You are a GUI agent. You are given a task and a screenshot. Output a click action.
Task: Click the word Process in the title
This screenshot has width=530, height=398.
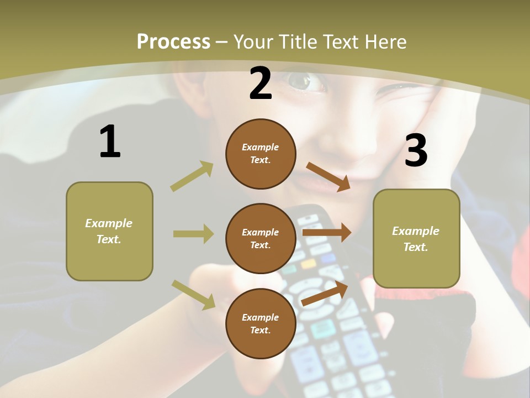pyautogui.click(x=173, y=41)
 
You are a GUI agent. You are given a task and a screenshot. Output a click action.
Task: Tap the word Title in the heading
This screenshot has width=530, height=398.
pyautogui.click(x=296, y=41)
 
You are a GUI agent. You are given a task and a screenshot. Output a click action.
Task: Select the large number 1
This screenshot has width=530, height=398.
pyautogui.click(x=110, y=142)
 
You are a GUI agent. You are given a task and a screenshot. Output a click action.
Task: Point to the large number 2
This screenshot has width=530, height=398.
pyautogui.click(x=261, y=83)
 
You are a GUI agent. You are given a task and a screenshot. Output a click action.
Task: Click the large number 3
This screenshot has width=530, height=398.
pyautogui.click(x=416, y=150)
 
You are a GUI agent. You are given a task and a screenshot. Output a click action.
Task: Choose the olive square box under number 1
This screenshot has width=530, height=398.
pyautogui.click(x=109, y=231)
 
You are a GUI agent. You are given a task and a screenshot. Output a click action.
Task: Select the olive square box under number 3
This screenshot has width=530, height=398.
pyautogui.click(x=416, y=238)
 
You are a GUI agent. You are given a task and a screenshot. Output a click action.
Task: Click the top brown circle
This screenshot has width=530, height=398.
pyautogui.click(x=261, y=154)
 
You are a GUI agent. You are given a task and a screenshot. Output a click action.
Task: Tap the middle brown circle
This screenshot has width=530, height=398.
pyautogui.click(x=261, y=238)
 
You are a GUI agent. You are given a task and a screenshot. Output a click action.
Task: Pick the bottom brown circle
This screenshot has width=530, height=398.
pyautogui.click(x=261, y=323)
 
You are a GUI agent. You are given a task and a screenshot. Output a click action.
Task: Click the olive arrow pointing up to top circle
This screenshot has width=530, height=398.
pyautogui.click(x=192, y=176)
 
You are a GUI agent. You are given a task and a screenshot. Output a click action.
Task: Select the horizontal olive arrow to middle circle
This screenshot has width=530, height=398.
pyautogui.click(x=193, y=234)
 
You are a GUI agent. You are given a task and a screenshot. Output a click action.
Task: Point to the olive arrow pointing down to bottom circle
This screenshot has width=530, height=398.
pyautogui.click(x=193, y=294)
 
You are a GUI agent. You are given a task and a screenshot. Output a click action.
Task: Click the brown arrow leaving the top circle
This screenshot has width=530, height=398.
pyautogui.click(x=328, y=176)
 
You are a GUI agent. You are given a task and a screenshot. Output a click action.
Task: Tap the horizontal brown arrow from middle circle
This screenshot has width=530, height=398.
pyautogui.click(x=326, y=233)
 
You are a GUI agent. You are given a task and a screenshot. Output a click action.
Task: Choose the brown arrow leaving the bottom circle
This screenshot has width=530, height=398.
pyautogui.click(x=325, y=294)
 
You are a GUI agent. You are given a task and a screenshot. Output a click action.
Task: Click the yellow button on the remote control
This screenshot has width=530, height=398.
pyautogui.click(x=308, y=264)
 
